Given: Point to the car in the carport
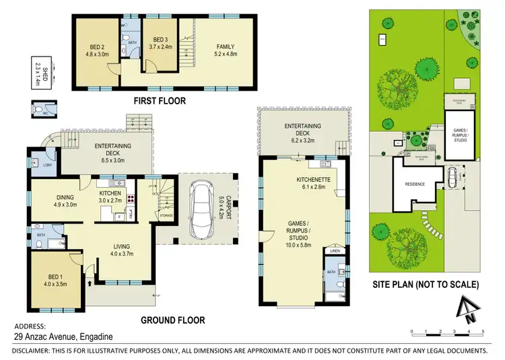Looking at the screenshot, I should (x=203, y=208).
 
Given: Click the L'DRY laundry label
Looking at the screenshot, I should (x=48, y=165).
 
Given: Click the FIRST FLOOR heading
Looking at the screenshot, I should (x=159, y=101).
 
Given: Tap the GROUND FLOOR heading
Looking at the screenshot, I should (x=173, y=320).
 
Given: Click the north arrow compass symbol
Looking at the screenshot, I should (x=465, y=309).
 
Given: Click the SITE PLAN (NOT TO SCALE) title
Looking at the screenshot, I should (x=426, y=285).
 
